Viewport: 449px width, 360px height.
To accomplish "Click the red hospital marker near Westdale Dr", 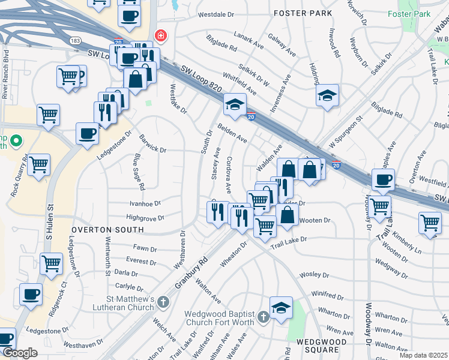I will [x=160, y=36].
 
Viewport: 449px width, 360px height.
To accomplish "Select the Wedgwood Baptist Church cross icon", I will [x=263, y=316].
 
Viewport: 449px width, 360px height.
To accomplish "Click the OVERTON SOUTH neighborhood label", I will [x=107, y=230].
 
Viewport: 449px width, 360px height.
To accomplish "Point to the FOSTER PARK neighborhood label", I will [x=294, y=13].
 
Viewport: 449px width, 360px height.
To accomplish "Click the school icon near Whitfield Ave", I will [x=235, y=104].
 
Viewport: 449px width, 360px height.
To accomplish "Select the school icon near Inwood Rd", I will [x=327, y=95].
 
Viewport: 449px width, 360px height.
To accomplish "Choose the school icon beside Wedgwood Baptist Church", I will [x=281, y=308].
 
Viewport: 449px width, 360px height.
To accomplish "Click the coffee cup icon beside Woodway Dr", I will [x=383, y=179].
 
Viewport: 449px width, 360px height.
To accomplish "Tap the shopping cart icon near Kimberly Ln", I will [x=430, y=223].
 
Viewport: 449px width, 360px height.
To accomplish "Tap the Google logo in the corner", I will [x=20, y=353].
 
